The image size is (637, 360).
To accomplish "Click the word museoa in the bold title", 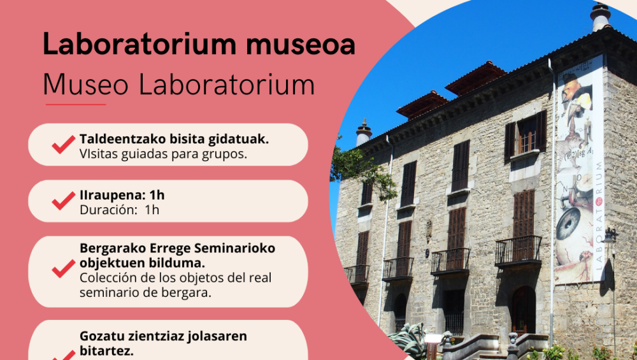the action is pyautogui.click(x=300, y=45).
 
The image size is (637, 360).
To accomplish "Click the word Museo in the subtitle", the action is pyautogui.click(x=86, y=85).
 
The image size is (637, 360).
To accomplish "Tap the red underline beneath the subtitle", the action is pyautogui.click(x=76, y=104).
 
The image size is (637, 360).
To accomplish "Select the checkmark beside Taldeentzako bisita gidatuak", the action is pyautogui.click(x=64, y=144).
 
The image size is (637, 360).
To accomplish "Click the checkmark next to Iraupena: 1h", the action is pyautogui.click(x=64, y=201).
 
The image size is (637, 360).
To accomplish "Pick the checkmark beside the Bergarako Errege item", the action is pyautogui.click(x=64, y=269).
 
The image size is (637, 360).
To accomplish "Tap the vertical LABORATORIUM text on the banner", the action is pyautogui.click(x=599, y=216).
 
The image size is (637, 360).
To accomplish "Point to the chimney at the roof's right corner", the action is pyautogui.click(x=601, y=17).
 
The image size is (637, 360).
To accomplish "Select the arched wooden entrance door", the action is pyautogui.click(x=523, y=310).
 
